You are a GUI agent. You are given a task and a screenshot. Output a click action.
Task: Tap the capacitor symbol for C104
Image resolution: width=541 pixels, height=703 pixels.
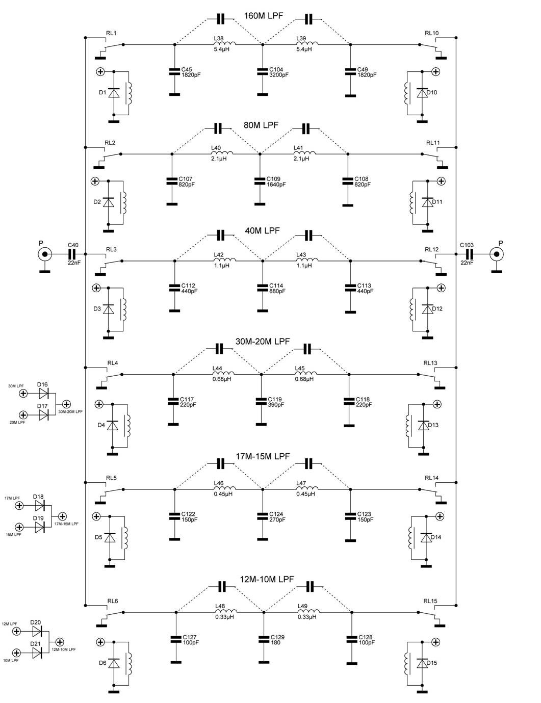click(x=263, y=72)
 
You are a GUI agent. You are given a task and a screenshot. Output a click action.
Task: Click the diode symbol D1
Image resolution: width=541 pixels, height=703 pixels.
click(x=114, y=93)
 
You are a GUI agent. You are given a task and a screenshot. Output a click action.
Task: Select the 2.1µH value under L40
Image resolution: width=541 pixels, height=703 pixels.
click(x=219, y=159)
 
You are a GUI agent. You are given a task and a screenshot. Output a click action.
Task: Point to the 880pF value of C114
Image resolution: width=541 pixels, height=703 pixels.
click(x=277, y=292)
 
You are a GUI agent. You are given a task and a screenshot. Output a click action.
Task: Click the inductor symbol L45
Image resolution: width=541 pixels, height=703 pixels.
click(x=305, y=374)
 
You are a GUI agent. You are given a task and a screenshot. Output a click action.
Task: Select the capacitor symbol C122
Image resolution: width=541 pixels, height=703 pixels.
click(x=175, y=517)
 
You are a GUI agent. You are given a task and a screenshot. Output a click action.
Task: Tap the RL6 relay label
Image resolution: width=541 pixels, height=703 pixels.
click(x=113, y=601)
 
